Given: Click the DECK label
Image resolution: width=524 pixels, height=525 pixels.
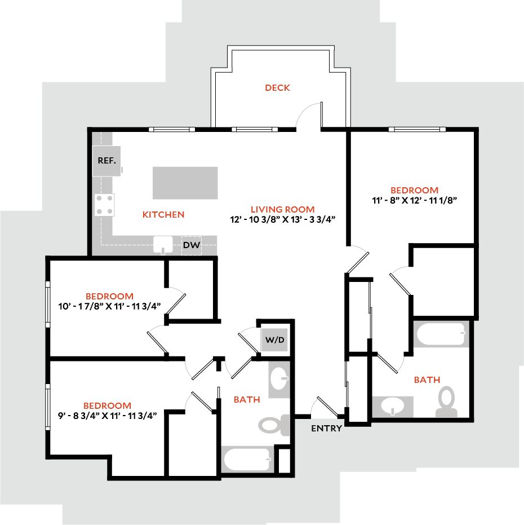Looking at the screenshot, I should (x=277, y=87).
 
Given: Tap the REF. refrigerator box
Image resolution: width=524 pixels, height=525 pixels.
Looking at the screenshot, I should (x=106, y=161).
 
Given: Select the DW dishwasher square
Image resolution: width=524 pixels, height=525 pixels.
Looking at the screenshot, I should (x=191, y=245).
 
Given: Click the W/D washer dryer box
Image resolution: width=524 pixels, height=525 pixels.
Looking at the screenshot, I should (x=274, y=340).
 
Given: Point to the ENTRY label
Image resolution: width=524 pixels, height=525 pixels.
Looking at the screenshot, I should (x=326, y=428).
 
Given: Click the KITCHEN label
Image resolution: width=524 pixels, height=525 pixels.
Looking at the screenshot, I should (x=163, y=214).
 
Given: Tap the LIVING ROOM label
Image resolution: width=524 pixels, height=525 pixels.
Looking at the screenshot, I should (x=283, y=209).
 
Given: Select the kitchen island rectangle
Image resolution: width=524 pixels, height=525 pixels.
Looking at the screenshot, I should (x=185, y=183).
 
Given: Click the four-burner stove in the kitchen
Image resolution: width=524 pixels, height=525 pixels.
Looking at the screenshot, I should (x=104, y=205).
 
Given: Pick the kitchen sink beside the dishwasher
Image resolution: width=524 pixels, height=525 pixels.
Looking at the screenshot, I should (x=164, y=245).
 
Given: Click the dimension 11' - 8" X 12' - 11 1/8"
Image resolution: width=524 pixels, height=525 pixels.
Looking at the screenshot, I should (x=414, y=200).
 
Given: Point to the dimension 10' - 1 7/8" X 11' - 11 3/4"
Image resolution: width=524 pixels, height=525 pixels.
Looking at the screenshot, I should (x=110, y=306).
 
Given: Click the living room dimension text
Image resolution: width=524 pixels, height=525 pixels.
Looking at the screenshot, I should (x=283, y=219).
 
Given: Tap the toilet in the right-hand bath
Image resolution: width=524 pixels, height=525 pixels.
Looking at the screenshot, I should (x=447, y=402).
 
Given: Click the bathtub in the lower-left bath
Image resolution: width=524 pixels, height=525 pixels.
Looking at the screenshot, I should (x=247, y=459).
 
